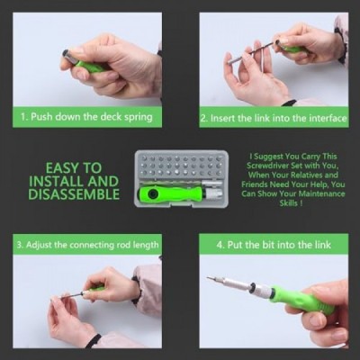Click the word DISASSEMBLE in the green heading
click(x=74, y=194)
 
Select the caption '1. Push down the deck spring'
click(x=86, y=117)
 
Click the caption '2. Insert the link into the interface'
click(x=274, y=118)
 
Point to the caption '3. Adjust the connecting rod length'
click(x=87, y=245)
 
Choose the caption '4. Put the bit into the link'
click(x=274, y=245)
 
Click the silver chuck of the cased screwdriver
click(x=212, y=193)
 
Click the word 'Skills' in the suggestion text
click(x=289, y=203)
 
